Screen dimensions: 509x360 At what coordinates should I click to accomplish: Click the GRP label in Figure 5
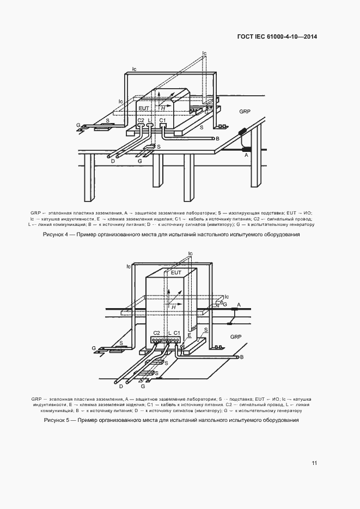236,337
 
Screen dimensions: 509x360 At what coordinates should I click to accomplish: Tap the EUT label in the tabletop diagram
144,101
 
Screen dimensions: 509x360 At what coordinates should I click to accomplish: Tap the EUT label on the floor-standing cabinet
176,272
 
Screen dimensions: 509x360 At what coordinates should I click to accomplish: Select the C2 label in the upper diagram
141,120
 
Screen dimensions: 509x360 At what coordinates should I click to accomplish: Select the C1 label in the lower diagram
177,332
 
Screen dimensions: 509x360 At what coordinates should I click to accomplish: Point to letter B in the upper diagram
217,139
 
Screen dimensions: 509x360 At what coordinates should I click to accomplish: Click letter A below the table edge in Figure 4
246,155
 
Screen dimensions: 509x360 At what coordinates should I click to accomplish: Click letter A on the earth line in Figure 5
238,305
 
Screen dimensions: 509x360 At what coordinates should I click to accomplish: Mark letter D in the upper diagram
112,162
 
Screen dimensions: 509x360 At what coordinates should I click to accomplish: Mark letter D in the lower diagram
120,387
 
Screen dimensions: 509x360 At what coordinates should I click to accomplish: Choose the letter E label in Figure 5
189,336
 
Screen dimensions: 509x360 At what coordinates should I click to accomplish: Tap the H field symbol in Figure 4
162,109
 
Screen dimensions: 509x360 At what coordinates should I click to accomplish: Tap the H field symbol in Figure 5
173,307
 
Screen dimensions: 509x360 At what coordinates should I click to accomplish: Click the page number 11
314,463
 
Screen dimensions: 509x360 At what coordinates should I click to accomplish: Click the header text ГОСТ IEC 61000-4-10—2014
277,37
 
